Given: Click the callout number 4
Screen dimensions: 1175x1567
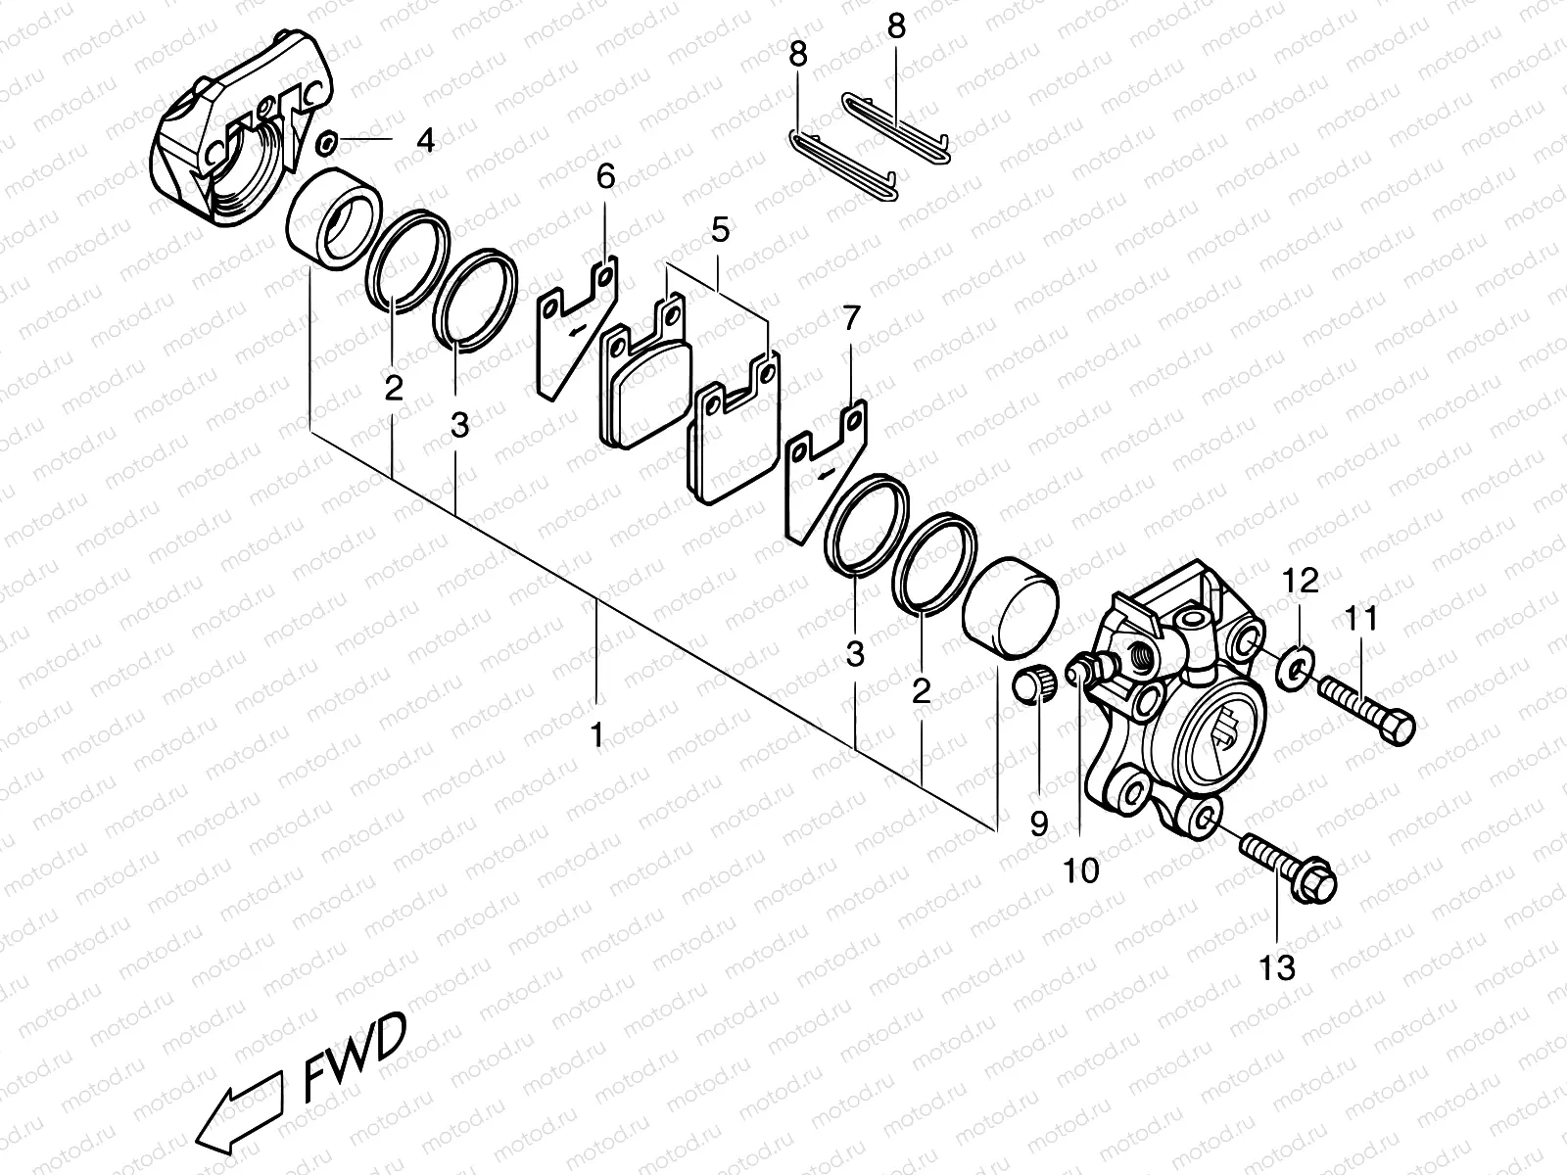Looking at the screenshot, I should point(424,141).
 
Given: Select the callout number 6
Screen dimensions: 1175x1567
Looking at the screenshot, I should point(605,177).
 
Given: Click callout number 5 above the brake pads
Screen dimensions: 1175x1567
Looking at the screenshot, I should point(720,231).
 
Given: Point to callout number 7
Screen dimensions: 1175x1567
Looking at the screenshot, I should point(851,317).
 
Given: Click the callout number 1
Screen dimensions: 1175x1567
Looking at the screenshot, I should point(596,734).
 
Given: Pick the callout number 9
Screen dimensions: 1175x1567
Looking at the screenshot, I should point(1039,823).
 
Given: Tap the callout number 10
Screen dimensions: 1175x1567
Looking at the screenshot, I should point(1081,869).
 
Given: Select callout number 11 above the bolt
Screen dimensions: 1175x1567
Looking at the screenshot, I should point(1361,618).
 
